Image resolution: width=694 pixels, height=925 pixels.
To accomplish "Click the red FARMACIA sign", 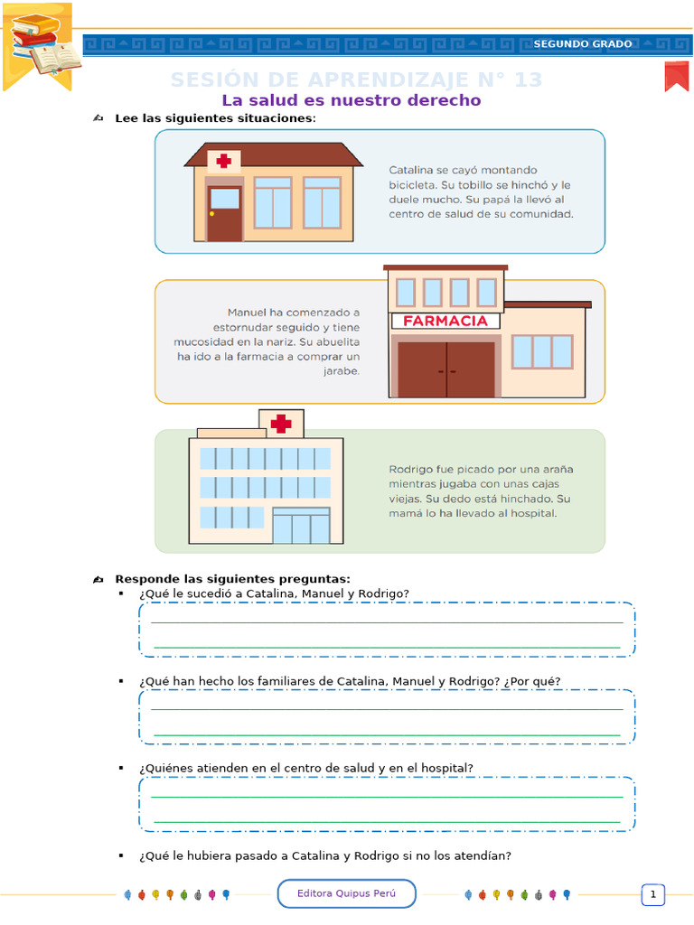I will click(x=445, y=321).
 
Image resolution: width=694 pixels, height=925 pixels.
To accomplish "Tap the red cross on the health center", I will click(x=223, y=162).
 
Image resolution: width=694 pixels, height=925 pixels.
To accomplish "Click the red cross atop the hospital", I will click(x=281, y=423).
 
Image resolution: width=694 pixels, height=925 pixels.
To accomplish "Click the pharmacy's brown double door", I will click(x=446, y=369).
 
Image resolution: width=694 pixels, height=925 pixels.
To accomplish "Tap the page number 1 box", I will click(x=652, y=895).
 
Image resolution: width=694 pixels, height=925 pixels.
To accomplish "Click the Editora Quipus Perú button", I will click(x=347, y=894).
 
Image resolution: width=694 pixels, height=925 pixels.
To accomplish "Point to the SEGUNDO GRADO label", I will click(x=583, y=44).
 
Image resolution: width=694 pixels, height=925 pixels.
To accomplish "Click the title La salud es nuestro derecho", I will click(x=352, y=100).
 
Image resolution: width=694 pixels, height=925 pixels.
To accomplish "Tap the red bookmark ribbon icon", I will click(x=677, y=76).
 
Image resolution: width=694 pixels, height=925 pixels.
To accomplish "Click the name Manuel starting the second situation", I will click(x=249, y=313).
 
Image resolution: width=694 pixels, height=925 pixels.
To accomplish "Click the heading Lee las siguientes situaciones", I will click(x=215, y=118).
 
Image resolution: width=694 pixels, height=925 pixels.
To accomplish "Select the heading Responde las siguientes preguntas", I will click(x=232, y=579).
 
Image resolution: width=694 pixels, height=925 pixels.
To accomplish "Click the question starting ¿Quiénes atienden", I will click(x=306, y=768).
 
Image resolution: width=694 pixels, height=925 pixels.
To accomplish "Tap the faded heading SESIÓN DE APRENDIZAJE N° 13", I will click(x=356, y=80).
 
